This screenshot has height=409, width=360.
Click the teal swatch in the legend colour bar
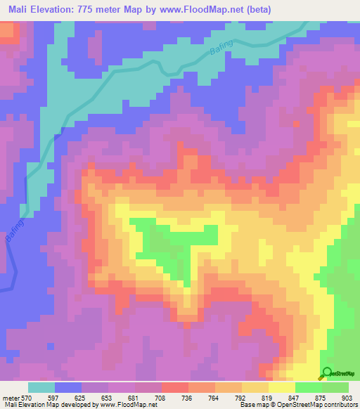click(41, 387)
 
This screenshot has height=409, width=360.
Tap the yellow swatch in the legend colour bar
click(281, 387)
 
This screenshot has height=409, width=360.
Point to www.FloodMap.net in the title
click(198, 10)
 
